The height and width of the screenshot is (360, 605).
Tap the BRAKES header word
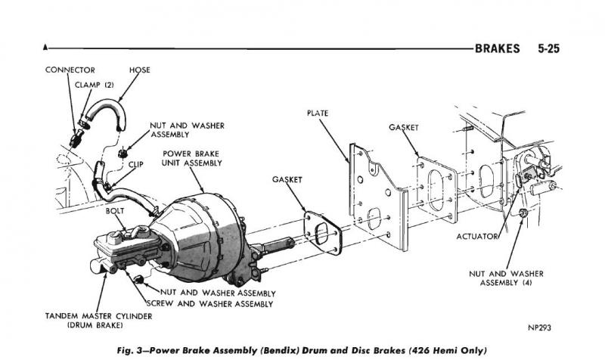coord(497,49)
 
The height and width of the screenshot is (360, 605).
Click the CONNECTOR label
coord(69,70)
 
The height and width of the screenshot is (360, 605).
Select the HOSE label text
coord(139,70)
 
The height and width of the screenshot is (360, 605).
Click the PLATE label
coord(318,113)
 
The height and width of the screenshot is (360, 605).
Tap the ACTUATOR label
coord(477,237)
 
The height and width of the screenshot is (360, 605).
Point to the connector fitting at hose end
coord(76,138)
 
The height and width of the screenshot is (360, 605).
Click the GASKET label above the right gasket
coord(405,128)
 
